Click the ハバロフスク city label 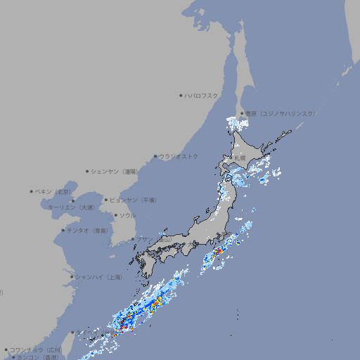202,96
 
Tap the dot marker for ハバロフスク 181,96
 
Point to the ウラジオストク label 179,156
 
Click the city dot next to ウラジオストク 155,156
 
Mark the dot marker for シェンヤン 88,171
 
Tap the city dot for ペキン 32,191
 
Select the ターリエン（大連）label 71,207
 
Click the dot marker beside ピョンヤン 107,200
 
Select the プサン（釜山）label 154,240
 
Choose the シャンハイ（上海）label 99,277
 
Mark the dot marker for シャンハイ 72,277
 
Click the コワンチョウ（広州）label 36,349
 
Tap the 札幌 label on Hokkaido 240,158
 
